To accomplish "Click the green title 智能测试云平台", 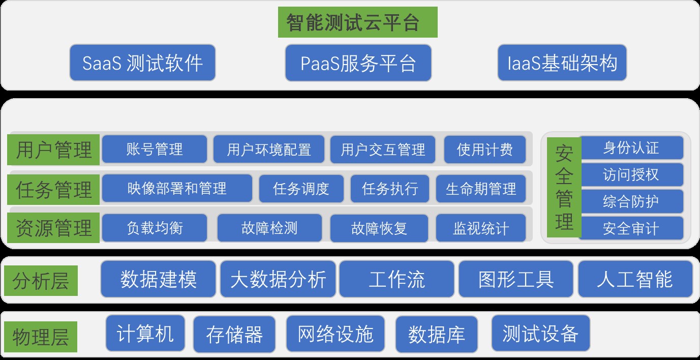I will pos(357,22).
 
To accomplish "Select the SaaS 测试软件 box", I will pos(142,63).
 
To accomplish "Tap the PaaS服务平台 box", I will pos(358,63).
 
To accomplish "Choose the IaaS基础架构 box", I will pos(562,63).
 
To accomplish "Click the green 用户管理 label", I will pos(54,150).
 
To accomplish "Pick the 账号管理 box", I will pos(155,149).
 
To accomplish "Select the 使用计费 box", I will pos(484,149).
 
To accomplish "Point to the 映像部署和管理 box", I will pos(177,189).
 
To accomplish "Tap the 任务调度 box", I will pos(301,189).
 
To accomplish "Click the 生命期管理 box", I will pos(480,189).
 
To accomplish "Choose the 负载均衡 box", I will pos(155,228).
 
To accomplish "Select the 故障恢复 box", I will pos(379,228).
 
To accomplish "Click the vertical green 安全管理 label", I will pos(563,188).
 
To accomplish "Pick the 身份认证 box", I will pos(631,148).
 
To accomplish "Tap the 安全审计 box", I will pos(631,228).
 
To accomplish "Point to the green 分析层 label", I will pos(41,281).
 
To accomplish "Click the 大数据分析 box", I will pos(278,279).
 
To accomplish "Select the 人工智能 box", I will pos(635,279).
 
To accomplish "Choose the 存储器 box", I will pos(234,334).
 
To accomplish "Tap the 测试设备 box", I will pos(540,334).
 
